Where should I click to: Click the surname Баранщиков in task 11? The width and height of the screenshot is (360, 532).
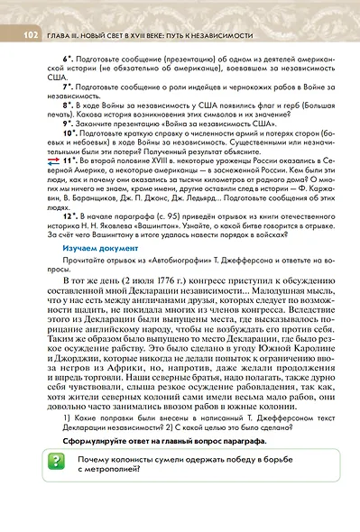point(91,197)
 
